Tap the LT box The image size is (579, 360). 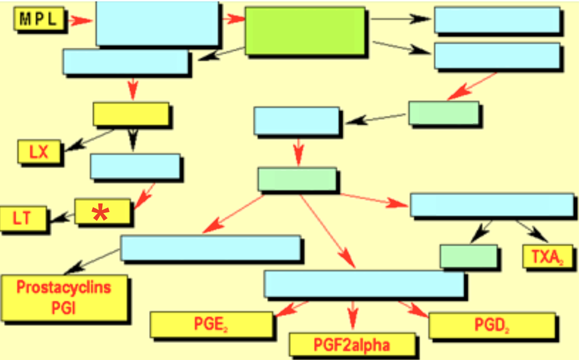[x=22, y=219]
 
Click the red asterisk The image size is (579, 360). [x=100, y=213]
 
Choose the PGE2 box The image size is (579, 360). [x=211, y=324]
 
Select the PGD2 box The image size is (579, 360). [x=491, y=326]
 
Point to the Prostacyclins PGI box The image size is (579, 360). [x=64, y=297]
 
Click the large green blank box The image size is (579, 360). [x=305, y=31]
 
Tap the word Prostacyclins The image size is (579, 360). [x=64, y=287]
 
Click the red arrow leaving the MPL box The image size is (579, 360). [x=79, y=20]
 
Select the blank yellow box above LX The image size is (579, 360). [x=130, y=114]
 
